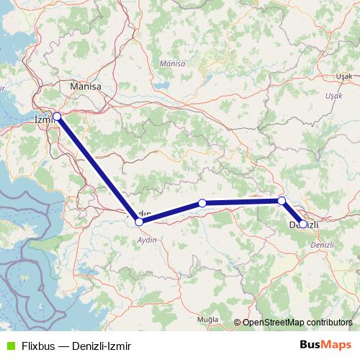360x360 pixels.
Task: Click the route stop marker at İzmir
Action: click(57, 116)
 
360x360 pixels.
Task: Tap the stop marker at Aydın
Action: click(139, 222)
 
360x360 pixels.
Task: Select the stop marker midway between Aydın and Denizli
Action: click(202, 204)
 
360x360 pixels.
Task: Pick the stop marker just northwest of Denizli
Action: click(282, 201)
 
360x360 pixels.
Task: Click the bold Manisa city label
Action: click(85, 86)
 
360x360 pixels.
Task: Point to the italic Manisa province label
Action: click(172, 63)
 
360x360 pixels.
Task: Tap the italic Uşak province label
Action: click(333, 95)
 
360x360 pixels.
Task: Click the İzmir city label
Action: click(44, 122)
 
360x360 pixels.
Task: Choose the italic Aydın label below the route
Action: click(147, 240)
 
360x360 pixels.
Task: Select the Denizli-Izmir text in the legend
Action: click(98, 346)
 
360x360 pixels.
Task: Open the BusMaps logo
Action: click(323, 345)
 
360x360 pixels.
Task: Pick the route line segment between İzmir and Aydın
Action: click(98, 169)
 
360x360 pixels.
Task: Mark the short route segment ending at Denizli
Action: click(292, 213)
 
